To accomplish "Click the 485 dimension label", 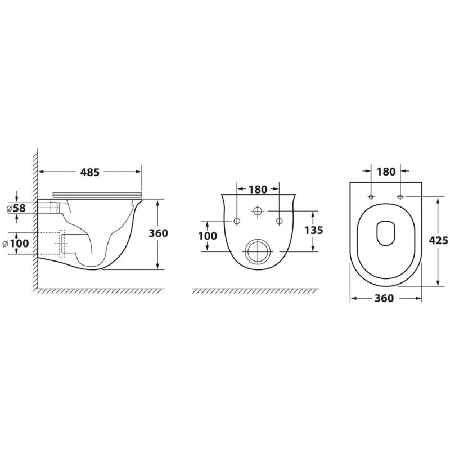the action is click(90, 172).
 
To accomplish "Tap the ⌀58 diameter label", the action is click(16, 208).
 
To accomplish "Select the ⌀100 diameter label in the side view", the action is click(16, 244).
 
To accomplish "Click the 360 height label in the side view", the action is click(158, 233).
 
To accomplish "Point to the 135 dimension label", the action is click(314, 230).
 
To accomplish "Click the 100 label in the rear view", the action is click(208, 236).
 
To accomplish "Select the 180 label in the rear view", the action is click(258, 190).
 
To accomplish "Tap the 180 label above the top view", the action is click(386, 172).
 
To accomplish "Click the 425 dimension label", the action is click(438, 240).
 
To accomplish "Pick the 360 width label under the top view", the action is click(384, 298).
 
